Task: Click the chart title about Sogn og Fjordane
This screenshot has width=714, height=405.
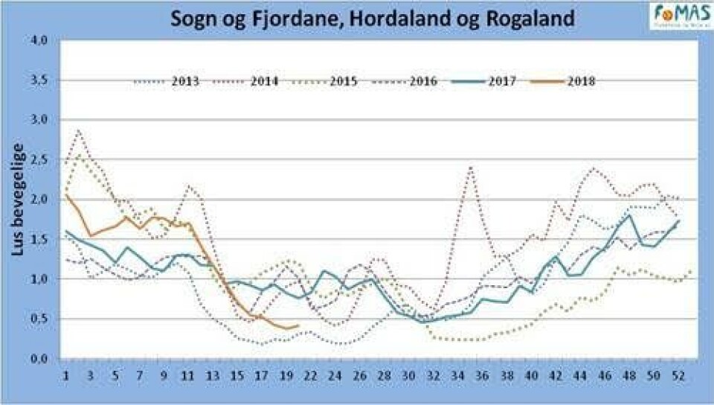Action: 373,18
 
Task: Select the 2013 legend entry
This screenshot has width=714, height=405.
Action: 167,80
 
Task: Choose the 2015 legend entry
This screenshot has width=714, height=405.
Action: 328,80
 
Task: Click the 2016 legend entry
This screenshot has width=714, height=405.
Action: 408,80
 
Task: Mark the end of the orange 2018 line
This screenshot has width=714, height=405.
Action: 297,325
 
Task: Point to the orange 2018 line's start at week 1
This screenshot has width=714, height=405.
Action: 66,194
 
